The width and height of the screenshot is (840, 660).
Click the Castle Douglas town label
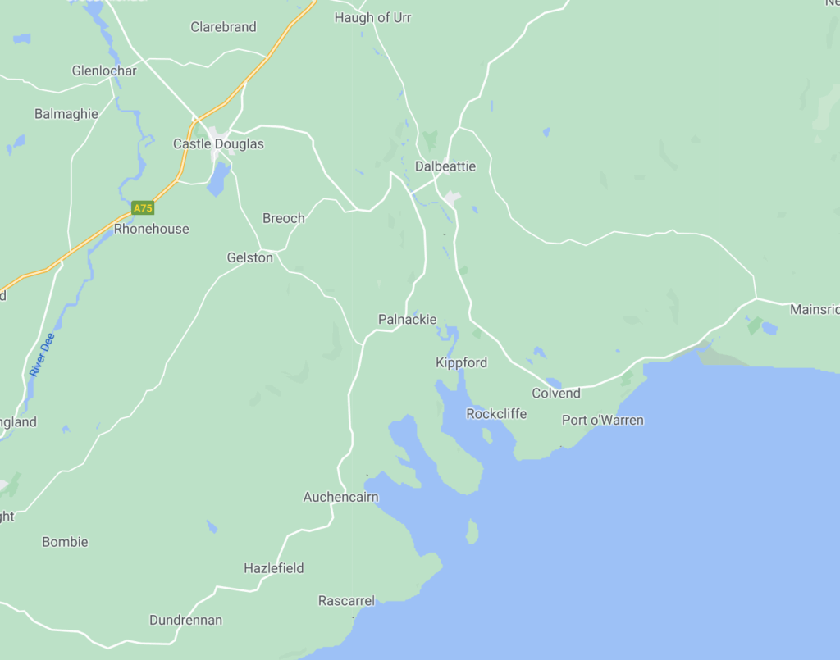218,144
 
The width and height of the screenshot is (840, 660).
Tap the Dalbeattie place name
445,166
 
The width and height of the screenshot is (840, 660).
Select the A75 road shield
143,208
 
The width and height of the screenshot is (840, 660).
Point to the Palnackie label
407,320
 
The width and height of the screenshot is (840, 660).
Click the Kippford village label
461,363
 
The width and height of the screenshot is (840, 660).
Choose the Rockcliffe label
496,414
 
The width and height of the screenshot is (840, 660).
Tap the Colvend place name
556,394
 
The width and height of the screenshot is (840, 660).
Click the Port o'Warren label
602,421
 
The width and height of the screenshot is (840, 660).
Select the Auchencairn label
340,498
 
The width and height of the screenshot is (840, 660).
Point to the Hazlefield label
274,568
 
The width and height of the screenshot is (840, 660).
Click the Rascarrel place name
346,601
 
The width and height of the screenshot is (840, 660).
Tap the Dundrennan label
185,621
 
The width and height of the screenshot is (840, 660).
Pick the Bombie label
65,542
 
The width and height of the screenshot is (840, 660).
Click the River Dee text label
42,354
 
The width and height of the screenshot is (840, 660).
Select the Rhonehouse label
151,230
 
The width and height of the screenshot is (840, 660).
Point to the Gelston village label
249,258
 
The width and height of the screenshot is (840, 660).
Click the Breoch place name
283,219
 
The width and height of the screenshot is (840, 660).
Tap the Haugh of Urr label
372,18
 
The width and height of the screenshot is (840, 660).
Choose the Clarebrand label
223,28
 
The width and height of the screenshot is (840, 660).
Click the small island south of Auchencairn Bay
472,532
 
